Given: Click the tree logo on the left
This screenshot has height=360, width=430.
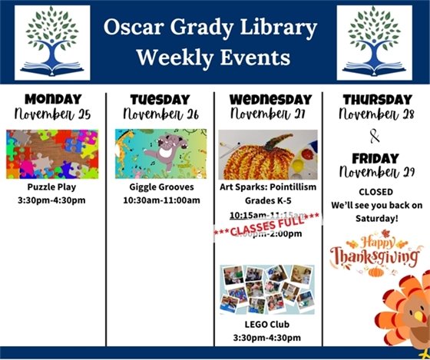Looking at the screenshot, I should pyautogui.click(x=51, y=42).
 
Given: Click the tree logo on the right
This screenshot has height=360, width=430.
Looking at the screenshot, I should pyautogui.click(x=374, y=42).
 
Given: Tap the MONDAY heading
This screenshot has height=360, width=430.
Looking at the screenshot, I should pyautogui.click(x=52, y=99).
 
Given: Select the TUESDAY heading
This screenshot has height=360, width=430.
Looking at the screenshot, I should pyautogui.click(x=160, y=99).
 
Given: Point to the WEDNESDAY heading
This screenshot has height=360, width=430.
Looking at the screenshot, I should pyautogui.click(x=268, y=99).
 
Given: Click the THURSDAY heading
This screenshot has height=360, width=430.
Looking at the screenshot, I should pyautogui.click(x=376, y=99).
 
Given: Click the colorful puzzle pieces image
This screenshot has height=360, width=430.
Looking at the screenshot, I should pyautogui.click(x=52, y=154).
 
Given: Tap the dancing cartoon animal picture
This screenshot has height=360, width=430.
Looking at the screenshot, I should pyautogui.click(x=160, y=154).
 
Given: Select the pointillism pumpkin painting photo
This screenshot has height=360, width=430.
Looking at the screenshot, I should pyautogui.click(x=267, y=154).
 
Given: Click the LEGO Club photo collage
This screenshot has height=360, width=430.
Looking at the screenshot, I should pyautogui.click(x=266, y=289).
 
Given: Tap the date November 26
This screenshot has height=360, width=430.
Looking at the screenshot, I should pyautogui.click(x=160, y=114).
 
